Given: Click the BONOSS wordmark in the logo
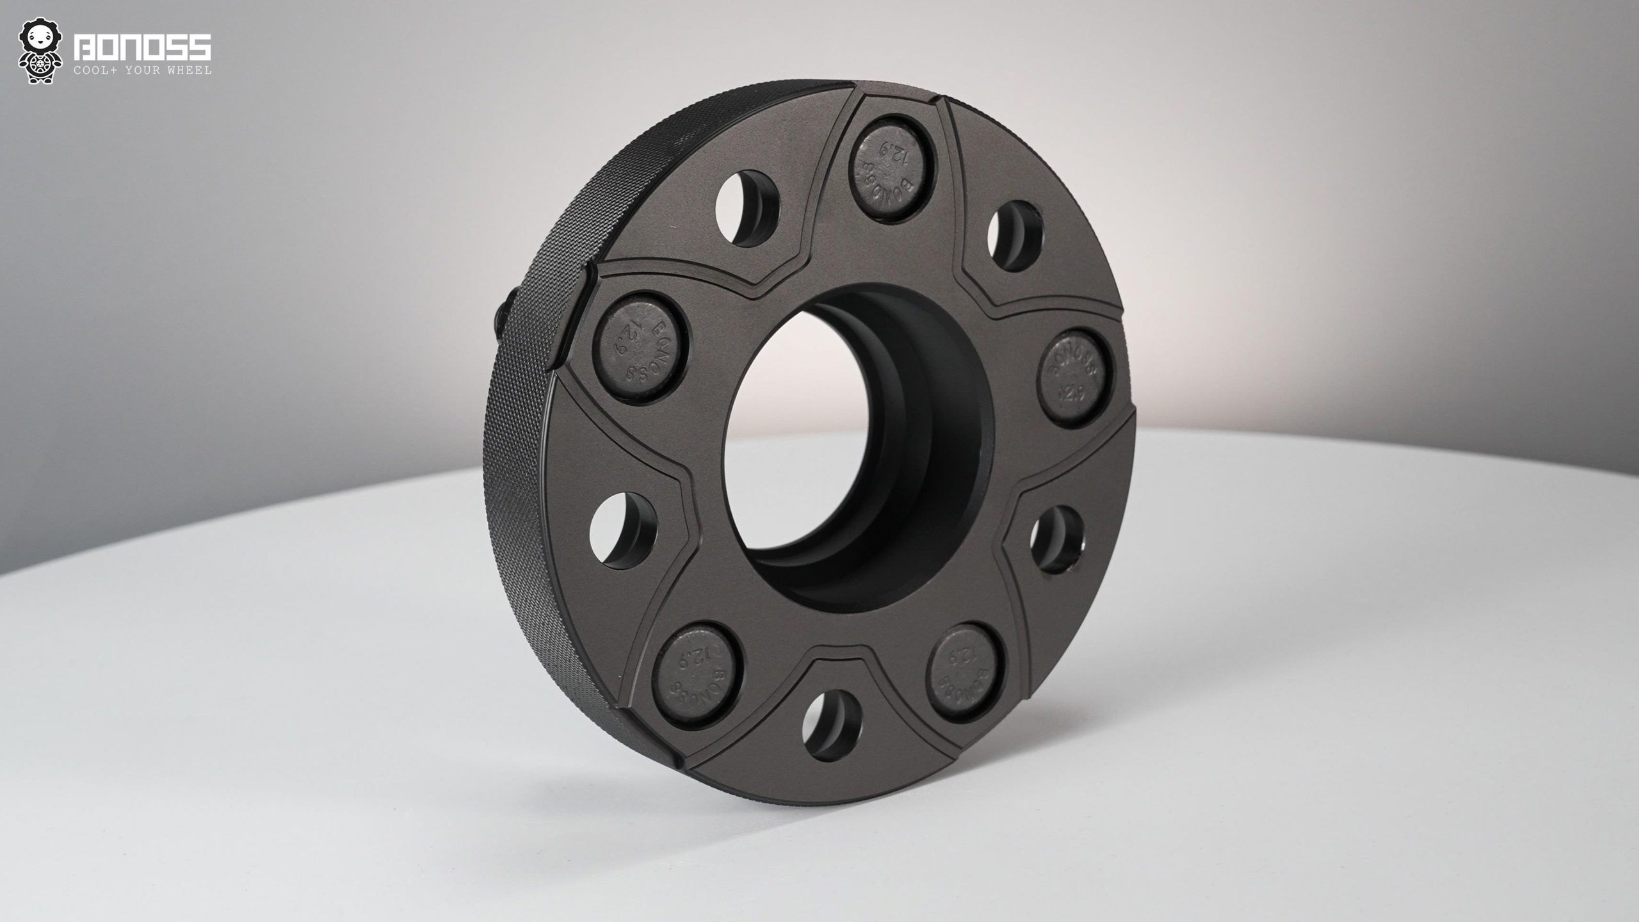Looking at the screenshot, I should (x=143, y=48).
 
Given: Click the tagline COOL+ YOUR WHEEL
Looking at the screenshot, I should (x=143, y=70).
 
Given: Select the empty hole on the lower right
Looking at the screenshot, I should (x=1056, y=538).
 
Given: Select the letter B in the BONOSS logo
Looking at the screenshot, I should (x=85, y=48).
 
